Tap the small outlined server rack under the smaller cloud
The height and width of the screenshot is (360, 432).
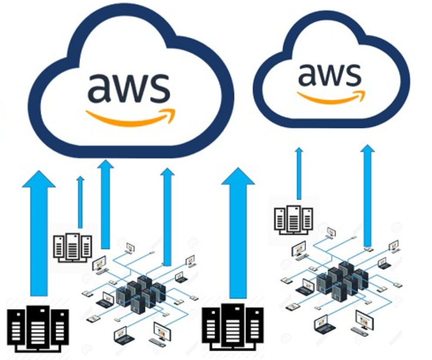coord(293,218)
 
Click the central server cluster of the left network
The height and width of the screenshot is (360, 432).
coord(141,292)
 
